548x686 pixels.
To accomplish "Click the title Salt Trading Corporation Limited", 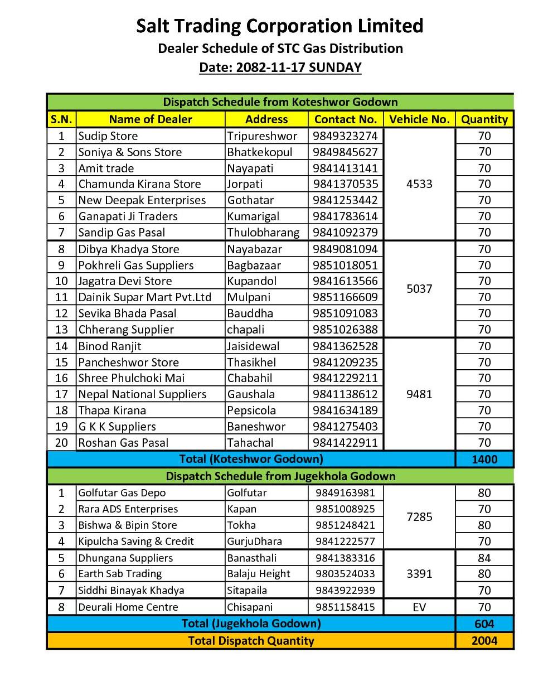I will [280, 26].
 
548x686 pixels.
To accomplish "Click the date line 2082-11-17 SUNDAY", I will [280, 67].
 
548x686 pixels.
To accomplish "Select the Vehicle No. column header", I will [419, 119].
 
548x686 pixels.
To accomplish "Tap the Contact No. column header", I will [346, 119].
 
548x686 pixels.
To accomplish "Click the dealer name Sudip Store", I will [108, 136].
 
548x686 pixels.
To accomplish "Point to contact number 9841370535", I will [345, 184].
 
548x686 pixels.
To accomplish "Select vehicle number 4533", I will [419, 184].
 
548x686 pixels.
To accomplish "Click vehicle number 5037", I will [419, 289].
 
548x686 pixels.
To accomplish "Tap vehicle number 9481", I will [419, 394].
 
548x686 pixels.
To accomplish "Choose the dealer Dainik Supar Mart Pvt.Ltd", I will [144, 297].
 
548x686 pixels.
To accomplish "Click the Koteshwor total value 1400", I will [484, 460].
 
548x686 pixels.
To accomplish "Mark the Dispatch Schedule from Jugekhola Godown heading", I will [280, 476].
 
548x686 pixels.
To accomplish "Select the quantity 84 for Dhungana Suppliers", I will [484, 558].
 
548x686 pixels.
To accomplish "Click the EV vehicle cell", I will [419, 607].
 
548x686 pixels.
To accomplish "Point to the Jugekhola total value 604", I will [484, 624].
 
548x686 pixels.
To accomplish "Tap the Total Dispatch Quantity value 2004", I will [484, 641].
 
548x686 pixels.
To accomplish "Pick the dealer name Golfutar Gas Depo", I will [122, 493].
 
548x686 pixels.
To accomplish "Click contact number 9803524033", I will [345, 574].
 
